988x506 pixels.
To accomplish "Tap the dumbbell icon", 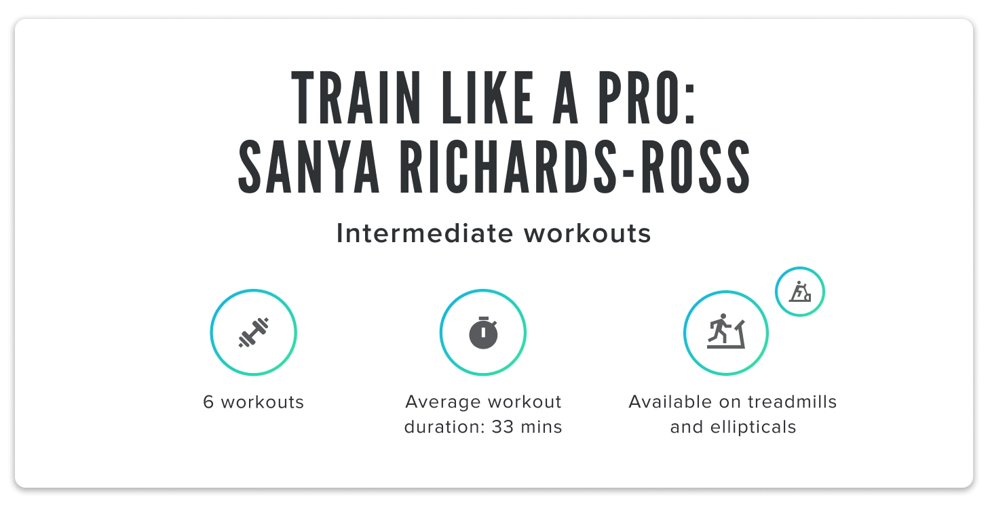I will [x=254, y=332].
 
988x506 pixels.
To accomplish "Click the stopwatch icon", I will [x=483, y=332].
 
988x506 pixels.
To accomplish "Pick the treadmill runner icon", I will [x=726, y=332].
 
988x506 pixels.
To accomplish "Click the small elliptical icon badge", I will [x=800, y=292].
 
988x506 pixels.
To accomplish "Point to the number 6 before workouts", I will [x=208, y=402].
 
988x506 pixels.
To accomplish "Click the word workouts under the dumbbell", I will [x=263, y=402].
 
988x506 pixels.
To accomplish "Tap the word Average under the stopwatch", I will [x=438, y=402].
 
